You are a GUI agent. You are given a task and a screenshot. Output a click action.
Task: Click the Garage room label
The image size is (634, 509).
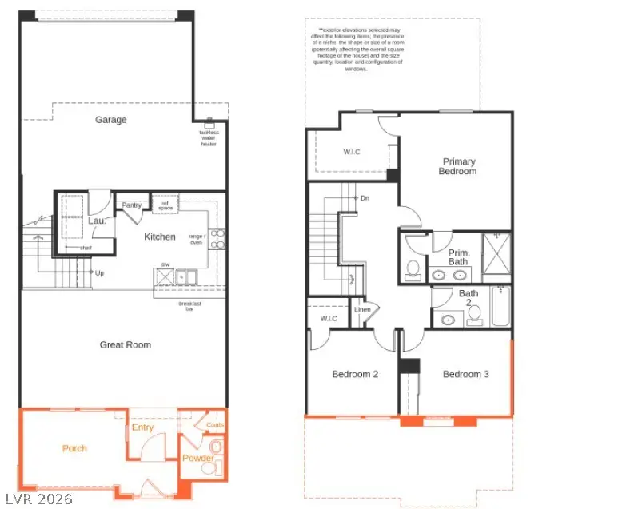111,120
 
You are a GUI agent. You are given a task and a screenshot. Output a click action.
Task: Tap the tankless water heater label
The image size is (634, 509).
209,138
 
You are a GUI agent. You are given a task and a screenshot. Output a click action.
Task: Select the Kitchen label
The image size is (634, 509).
159,237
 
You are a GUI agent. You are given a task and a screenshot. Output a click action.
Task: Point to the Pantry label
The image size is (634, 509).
132,205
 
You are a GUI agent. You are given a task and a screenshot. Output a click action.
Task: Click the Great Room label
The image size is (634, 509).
125,345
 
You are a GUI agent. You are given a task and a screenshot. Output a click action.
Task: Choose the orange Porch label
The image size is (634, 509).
74,448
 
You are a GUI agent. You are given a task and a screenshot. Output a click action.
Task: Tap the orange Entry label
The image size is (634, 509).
142,427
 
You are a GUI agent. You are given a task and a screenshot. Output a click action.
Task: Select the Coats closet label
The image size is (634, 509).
215,425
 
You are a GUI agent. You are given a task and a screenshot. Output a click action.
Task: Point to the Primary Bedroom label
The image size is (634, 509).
459,166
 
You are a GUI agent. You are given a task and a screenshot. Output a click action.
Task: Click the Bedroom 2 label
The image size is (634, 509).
355,374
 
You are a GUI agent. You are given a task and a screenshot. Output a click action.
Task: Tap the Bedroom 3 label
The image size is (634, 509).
466,374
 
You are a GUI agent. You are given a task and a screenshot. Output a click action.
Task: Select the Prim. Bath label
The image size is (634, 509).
458,256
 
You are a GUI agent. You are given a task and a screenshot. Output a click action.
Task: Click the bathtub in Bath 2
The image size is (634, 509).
500,308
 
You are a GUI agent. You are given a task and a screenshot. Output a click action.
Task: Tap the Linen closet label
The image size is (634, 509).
362,309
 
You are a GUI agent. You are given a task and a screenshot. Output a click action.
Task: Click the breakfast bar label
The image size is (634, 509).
189,306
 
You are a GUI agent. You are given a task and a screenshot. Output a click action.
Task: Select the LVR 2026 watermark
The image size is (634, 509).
38,499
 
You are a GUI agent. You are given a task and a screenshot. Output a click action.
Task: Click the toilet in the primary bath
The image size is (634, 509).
413,266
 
